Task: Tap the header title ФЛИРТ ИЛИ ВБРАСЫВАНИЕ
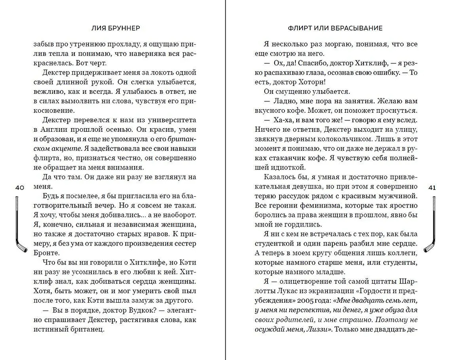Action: point(335,28)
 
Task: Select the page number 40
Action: point(19,187)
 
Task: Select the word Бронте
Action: point(46,254)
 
